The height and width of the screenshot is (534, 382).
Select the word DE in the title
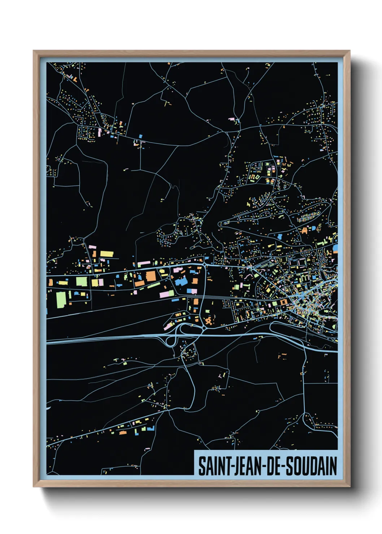277,466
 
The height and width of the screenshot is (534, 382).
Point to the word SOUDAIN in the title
312,466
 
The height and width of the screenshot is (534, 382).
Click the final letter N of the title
333,466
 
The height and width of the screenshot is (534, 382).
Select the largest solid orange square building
151,276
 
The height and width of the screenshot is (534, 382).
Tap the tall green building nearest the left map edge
61,299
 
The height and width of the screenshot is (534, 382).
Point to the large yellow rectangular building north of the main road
107,254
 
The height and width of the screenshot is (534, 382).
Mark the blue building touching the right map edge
335,248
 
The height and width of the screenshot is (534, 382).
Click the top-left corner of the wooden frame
34,51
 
